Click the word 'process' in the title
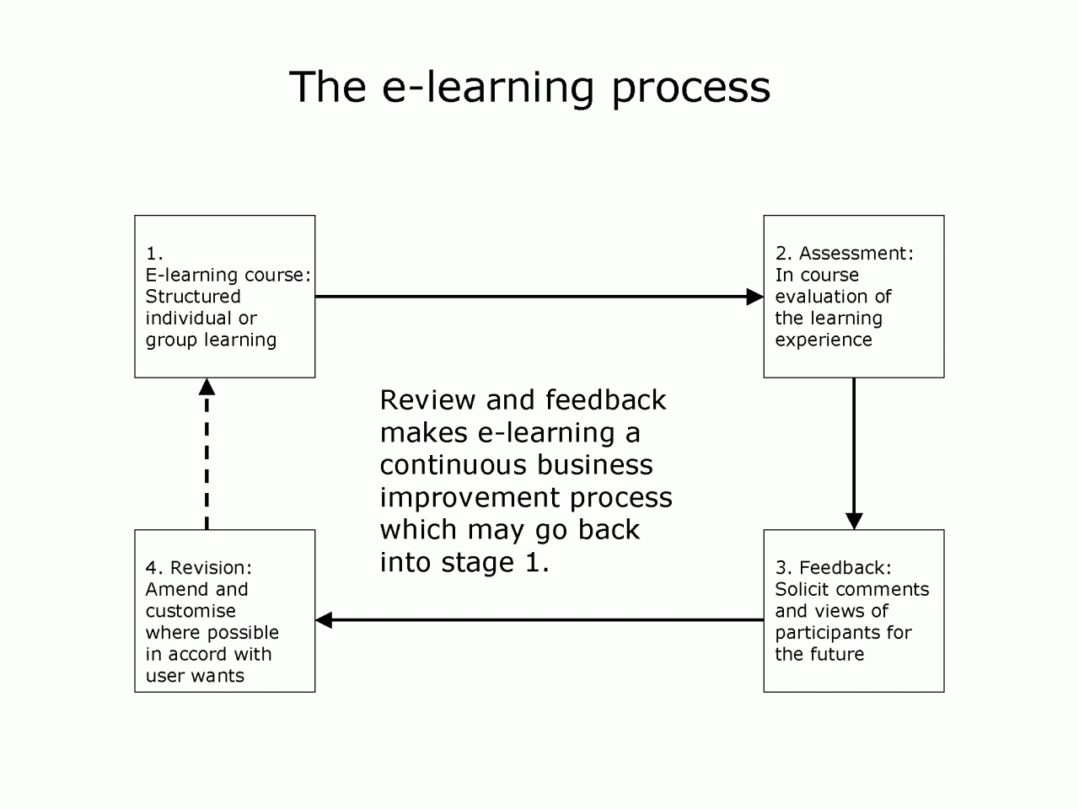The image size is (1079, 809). pos(690,88)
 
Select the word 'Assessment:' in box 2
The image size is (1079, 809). pos(856,253)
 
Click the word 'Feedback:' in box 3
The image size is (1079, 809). pos(845,567)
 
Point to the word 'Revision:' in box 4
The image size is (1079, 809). pos(211,567)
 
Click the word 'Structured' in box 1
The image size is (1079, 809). pos(193,296)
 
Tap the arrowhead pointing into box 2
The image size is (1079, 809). pos(754,297)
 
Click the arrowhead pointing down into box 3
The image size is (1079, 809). pos(854,521)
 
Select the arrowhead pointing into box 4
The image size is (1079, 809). pos(324,620)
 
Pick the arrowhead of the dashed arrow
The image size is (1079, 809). pos(207,387)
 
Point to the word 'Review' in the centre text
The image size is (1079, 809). pos(427,399)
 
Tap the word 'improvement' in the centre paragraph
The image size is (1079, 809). pos(470,498)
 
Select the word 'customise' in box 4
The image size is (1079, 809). pos(191,611)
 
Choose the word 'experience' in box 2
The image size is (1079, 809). pos(824,340)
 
